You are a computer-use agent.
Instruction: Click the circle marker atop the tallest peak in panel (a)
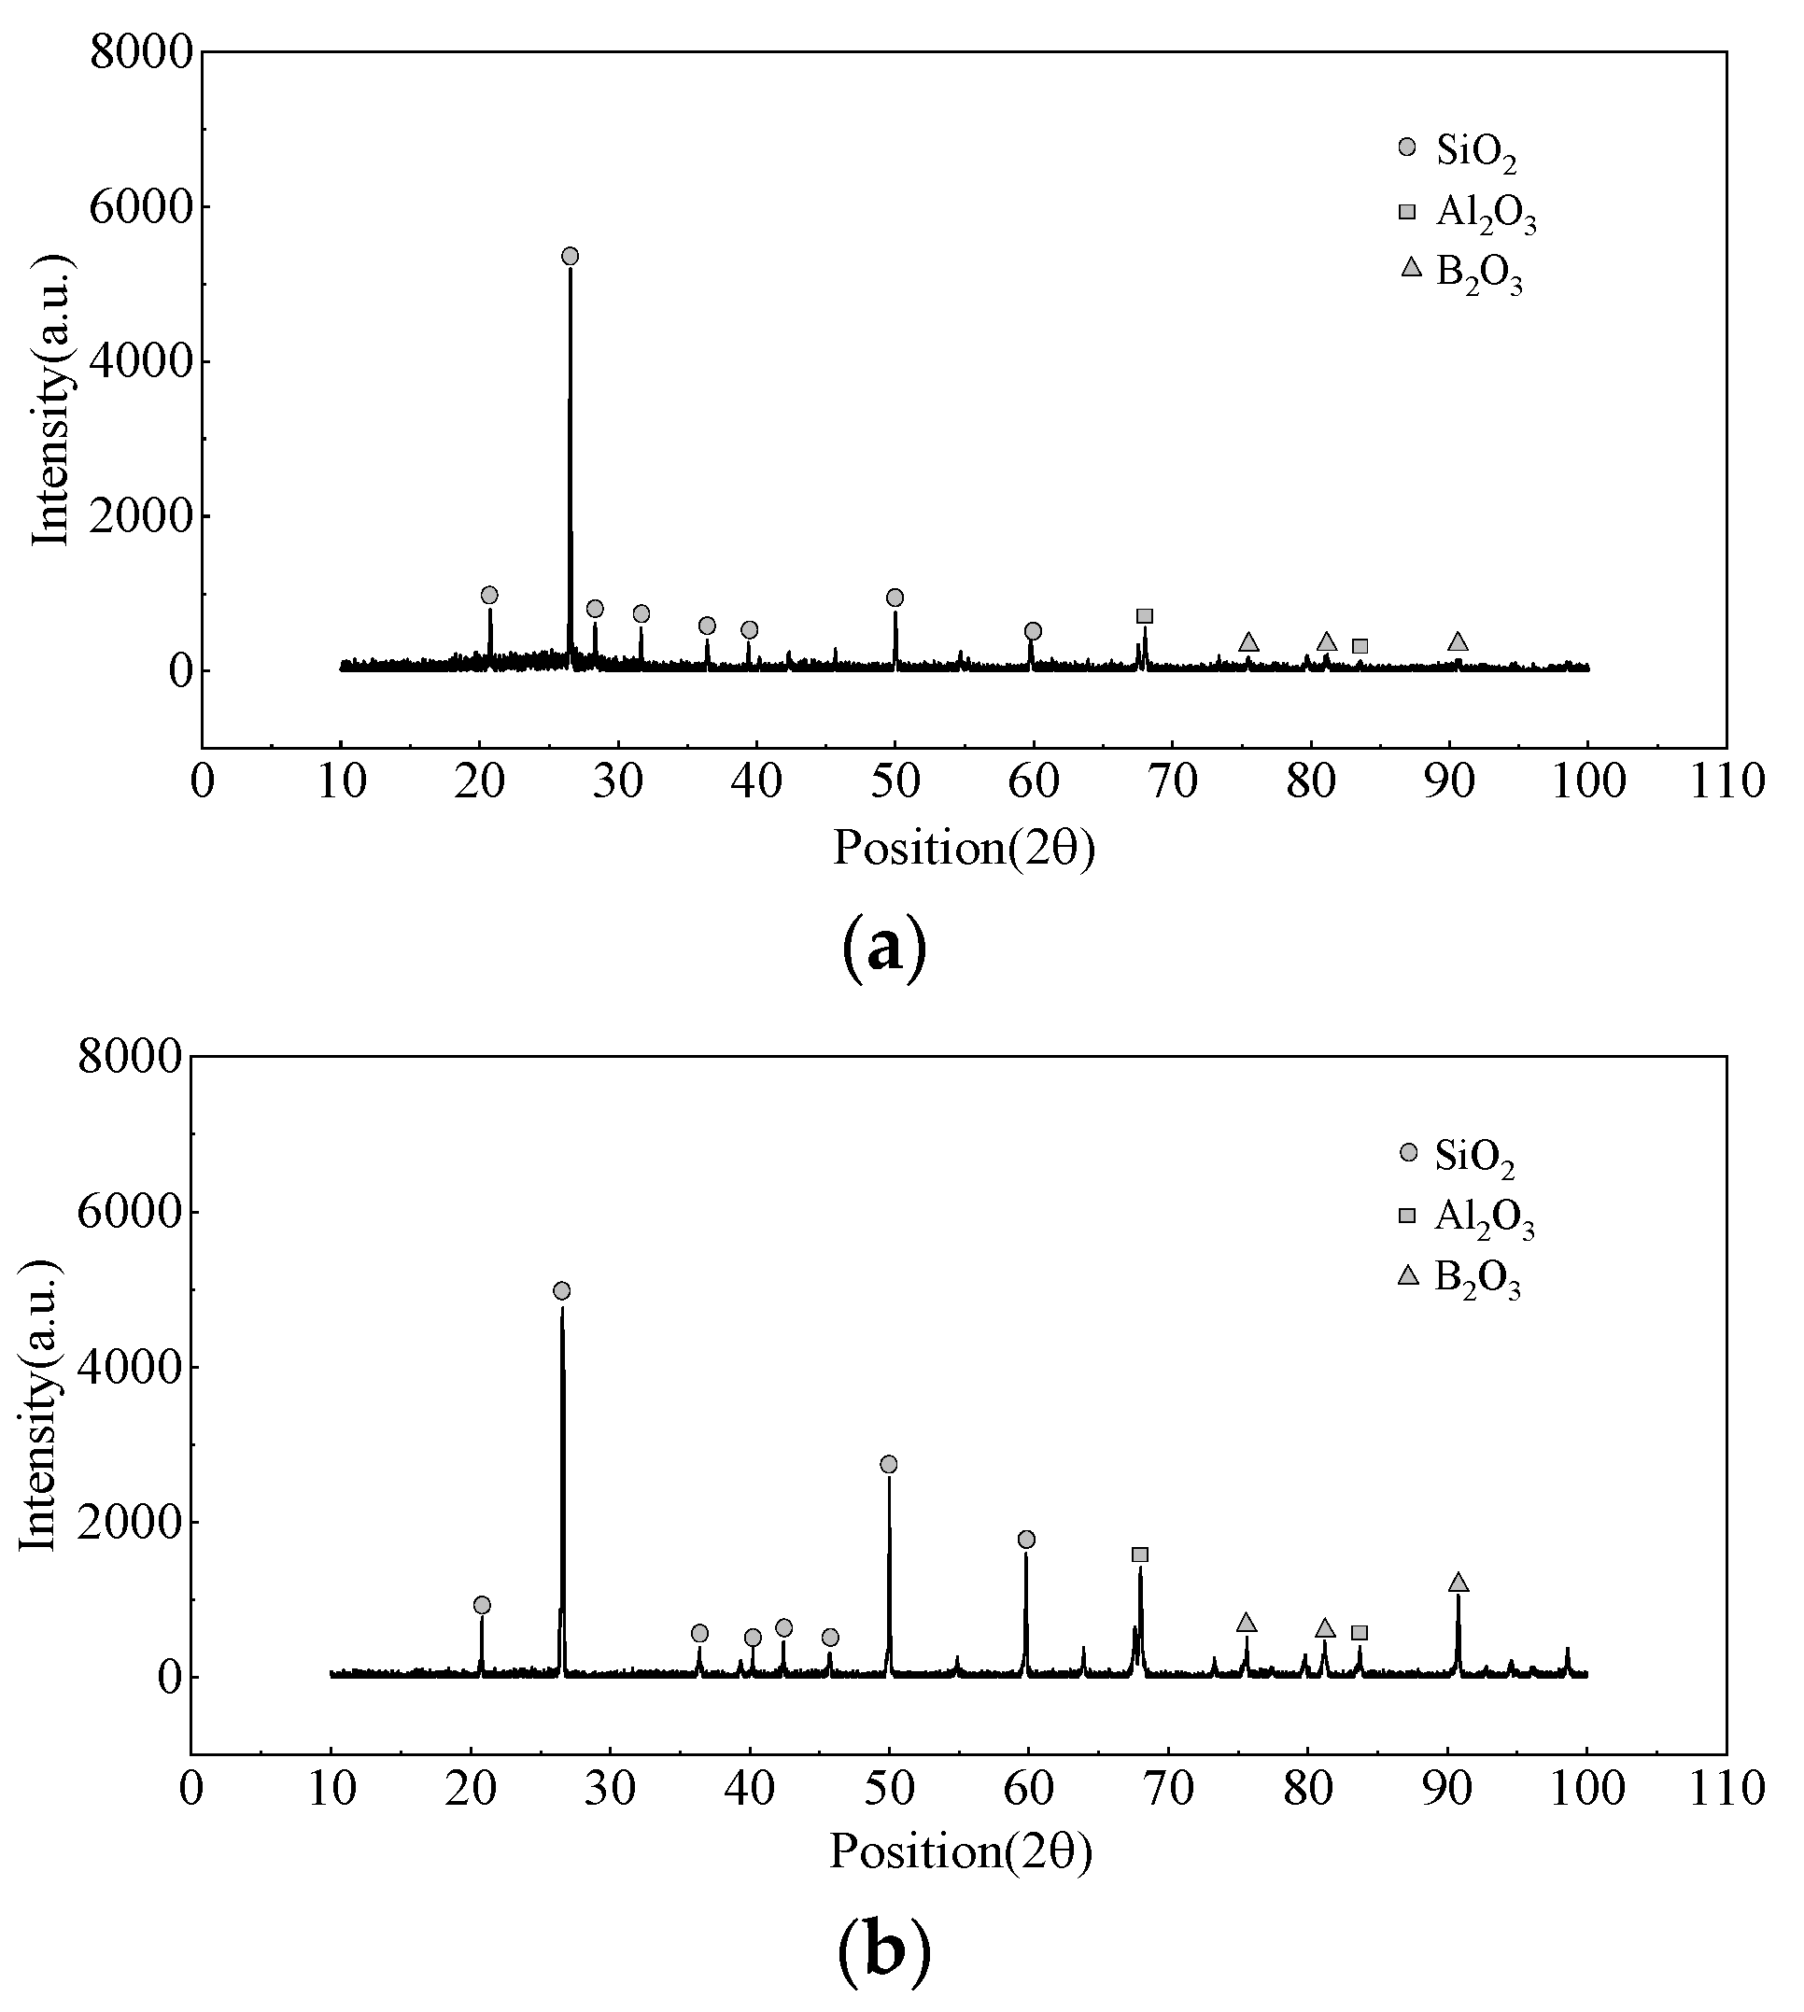pyautogui.click(x=570, y=257)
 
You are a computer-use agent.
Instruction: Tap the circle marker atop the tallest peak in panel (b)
pyautogui.click(x=562, y=1290)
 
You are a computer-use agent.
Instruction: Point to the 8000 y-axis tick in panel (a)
pyautogui.click(x=140, y=51)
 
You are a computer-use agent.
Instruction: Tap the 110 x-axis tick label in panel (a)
pyautogui.click(x=1726, y=782)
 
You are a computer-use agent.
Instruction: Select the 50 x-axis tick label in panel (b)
pyautogui.click(x=889, y=1788)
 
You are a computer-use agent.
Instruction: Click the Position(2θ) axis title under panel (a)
pyautogui.click(x=964, y=849)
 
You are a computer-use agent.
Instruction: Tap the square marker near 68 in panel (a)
pyautogui.click(x=1145, y=616)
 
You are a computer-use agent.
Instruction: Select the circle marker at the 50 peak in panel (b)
pyautogui.click(x=888, y=1464)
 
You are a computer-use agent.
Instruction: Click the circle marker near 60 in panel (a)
pyautogui.click(x=1033, y=631)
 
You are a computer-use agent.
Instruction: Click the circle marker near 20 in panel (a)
pyautogui.click(x=488, y=595)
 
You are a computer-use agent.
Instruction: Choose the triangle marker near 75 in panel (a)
pyautogui.click(x=1249, y=643)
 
